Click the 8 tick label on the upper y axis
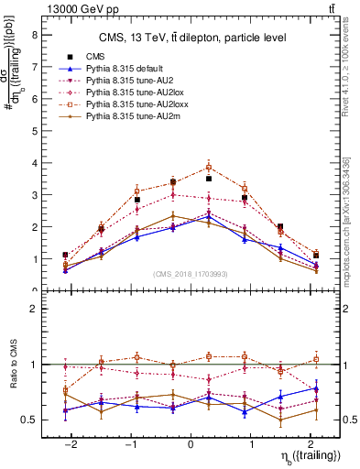click(x=34, y=35)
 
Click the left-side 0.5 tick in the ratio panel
click(x=30, y=420)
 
